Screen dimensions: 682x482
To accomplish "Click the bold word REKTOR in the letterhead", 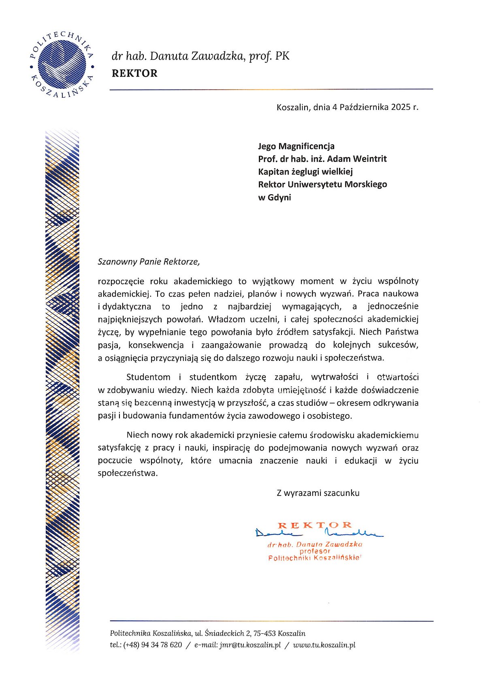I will pyautogui.click(x=134, y=73).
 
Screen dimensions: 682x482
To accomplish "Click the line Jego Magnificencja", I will pyautogui.click(x=296, y=146).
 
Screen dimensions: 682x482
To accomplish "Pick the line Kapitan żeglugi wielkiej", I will pyautogui.click(x=305, y=172).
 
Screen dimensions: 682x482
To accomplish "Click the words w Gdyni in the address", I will pyautogui.click(x=275, y=197).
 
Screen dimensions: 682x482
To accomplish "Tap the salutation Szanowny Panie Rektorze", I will pyautogui.click(x=149, y=262).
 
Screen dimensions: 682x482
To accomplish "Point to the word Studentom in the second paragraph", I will pyautogui.click(x=148, y=377).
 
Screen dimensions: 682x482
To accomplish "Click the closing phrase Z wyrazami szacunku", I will pyautogui.click(x=318, y=493).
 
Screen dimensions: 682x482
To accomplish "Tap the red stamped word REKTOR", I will pyautogui.click(x=315, y=525).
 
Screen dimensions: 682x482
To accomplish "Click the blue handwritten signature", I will pyautogui.click(x=320, y=533).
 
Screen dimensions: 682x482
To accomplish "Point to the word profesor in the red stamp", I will pyautogui.click(x=315, y=551).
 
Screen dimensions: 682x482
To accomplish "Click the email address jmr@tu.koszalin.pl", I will pyautogui.click(x=250, y=645).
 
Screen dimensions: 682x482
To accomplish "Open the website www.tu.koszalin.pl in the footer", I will pyautogui.click(x=324, y=645).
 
